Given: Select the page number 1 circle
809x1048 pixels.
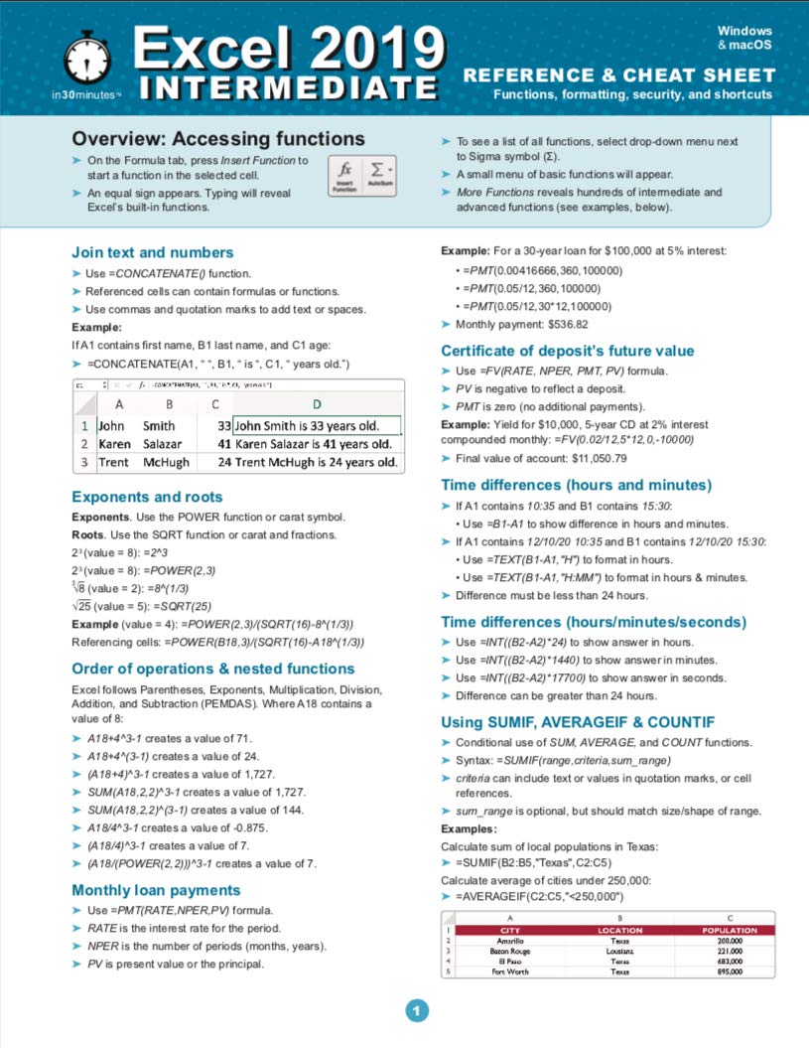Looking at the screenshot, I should pos(417,1011).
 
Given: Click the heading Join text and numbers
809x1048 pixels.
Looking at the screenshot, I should pos(153,252).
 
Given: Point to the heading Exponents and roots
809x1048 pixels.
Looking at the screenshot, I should pos(147,497).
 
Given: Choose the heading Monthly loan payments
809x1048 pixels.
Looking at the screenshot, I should pos(156,890).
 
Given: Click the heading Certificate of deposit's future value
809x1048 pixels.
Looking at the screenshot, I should pos(567,351).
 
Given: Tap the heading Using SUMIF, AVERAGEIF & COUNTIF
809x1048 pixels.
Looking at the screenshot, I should pos(577,721).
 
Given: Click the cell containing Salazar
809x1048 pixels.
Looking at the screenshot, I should pos(162,444).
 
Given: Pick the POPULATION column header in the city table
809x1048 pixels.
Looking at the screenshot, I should pos(730,930).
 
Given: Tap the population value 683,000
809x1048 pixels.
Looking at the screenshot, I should pos(730,961).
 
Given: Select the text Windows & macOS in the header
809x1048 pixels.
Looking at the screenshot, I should pos(744,38).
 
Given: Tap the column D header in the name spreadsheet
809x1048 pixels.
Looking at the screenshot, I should pos(317,404).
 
